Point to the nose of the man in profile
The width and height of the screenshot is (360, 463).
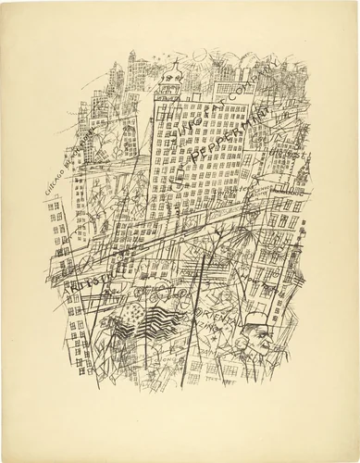(x=267, y=343)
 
